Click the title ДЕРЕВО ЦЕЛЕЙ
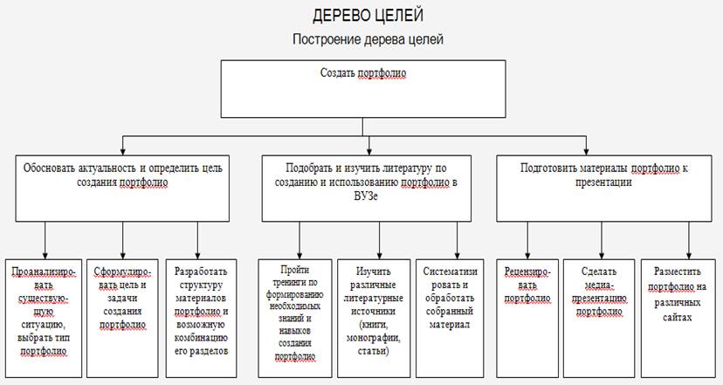368,16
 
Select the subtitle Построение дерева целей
368,39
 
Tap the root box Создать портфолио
363,89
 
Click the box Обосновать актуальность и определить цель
122,188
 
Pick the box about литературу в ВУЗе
367,188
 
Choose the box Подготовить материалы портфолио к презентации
604,188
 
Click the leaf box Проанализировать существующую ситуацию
44,318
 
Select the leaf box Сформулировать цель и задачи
122,318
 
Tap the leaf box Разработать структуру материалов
201,318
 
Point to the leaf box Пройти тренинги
294,318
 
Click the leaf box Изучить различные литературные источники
374,318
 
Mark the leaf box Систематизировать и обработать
450,318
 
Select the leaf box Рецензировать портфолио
527,318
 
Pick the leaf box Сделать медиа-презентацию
599,318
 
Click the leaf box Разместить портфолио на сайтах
678,318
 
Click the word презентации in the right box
603,182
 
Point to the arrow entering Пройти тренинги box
300,240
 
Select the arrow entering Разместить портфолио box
689,240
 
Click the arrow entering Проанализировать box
45,240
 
